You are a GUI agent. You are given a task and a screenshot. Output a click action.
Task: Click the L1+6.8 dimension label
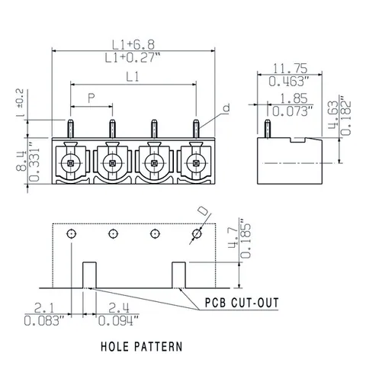pyautogui.click(x=133, y=44)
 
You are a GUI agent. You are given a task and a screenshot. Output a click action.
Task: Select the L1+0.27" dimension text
pyautogui.click(x=133, y=58)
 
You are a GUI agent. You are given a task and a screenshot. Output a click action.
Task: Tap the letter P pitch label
pyautogui.click(x=91, y=98)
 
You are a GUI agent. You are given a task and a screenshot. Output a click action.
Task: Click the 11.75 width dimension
pyautogui.click(x=290, y=69)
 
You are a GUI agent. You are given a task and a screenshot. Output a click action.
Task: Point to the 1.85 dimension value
pyautogui.click(x=294, y=98)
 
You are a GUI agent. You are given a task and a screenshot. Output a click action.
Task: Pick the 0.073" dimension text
pyautogui.click(x=292, y=111)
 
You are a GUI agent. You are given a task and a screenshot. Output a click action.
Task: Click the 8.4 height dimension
pyautogui.click(x=21, y=161)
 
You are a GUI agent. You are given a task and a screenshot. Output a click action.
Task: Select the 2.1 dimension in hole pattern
pyautogui.click(x=44, y=308)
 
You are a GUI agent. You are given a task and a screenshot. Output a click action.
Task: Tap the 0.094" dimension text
pyautogui.click(x=119, y=321)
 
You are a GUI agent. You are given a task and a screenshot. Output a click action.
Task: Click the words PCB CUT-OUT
pyautogui.click(x=242, y=303)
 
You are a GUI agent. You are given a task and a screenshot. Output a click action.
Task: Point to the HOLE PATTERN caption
pyautogui.click(x=142, y=347)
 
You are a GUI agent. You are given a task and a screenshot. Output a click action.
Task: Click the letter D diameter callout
pyautogui.click(x=203, y=211)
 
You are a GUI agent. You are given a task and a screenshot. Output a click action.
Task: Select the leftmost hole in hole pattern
pyautogui.click(x=72, y=233)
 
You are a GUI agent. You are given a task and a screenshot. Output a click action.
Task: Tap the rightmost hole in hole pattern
pyautogui.click(x=197, y=233)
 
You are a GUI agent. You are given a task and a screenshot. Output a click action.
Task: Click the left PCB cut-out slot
pyautogui.click(x=90, y=275)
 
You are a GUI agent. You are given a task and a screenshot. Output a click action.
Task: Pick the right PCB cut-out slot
pyautogui.click(x=179, y=275)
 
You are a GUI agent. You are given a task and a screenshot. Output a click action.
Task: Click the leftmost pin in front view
pyautogui.click(x=71, y=129)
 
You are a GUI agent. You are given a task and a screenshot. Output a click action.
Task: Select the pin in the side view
pyautogui.click(x=267, y=129)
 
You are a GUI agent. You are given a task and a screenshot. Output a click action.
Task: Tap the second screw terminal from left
pyautogui.click(x=112, y=163)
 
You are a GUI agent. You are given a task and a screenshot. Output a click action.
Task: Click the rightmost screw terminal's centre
pyautogui.click(x=195, y=163)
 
